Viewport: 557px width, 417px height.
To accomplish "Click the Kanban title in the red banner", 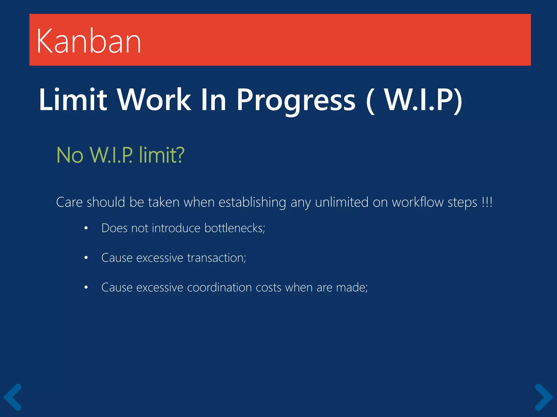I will (89, 41).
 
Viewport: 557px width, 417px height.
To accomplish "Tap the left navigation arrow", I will (13, 397).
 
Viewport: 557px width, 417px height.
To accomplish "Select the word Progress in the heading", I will (296, 100).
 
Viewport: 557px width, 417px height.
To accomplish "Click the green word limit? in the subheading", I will (162, 155).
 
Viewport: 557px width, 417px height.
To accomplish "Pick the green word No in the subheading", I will (70, 155).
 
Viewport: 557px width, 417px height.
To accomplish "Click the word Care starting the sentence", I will (69, 202).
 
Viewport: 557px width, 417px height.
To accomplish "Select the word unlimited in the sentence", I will (342, 202).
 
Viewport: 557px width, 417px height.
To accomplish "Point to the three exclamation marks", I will (487, 202).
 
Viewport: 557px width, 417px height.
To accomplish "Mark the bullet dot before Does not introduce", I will (86, 228).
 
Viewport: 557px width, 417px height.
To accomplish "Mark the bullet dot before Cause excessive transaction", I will (86, 258).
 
